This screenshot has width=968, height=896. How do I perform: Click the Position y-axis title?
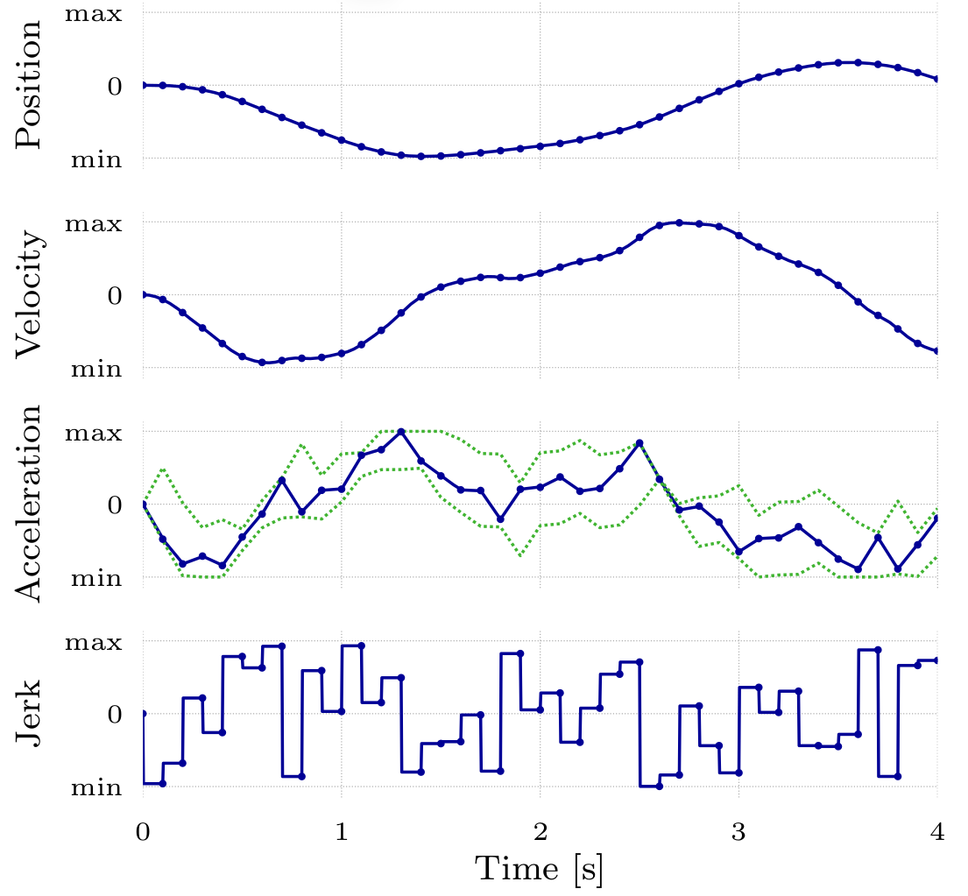(x=28, y=85)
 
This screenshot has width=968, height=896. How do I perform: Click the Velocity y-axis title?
(x=28, y=294)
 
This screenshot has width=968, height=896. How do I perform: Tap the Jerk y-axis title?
(x=28, y=714)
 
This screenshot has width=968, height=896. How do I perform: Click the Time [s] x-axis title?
(x=540, y=870)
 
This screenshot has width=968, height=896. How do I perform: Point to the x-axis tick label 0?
(x=143, y=833)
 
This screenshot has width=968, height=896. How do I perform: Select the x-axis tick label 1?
(x=342, y=833)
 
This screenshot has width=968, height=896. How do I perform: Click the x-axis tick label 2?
(x=541, y=833)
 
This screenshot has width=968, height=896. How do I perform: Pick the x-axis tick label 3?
(x=738, y=833)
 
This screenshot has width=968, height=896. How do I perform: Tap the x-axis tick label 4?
(x=937, y=833)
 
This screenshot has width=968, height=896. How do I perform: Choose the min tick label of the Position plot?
(x=96, y=159)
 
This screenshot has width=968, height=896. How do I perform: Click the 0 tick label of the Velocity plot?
(x=114, y=295)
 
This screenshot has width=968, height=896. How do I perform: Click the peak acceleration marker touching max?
(x=401, y=432)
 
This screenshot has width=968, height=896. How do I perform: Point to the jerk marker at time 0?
(x=143, y=714)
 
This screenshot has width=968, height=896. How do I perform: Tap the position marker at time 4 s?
(x=937, y=79)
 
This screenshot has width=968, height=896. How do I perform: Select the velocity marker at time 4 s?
(x=937, y=351)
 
